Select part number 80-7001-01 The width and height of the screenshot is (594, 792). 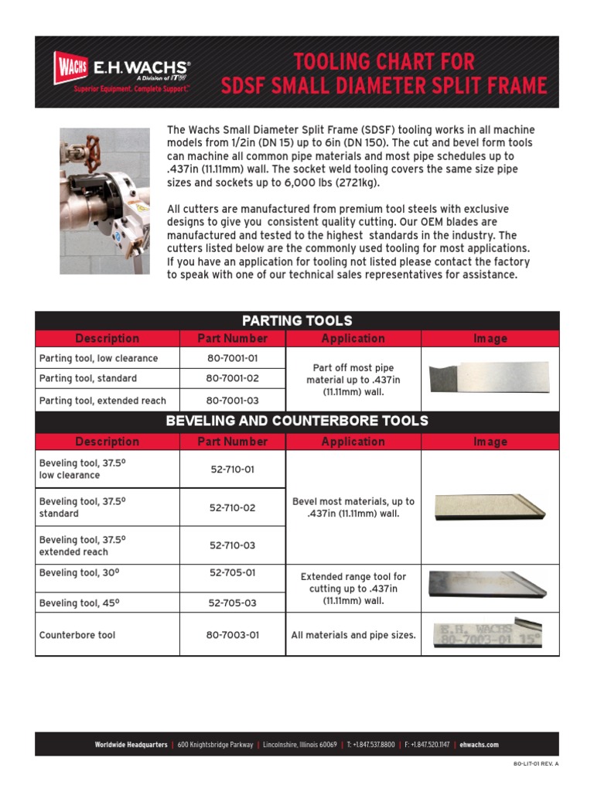pos(232,358)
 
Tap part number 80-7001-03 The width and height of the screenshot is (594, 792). pos(232,400)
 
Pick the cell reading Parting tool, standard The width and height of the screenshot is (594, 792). pos(88,378)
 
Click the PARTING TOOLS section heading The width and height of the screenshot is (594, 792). pos(297,320)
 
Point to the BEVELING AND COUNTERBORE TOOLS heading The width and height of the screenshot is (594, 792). pos(297,422)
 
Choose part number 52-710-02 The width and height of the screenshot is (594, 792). pos(232,508)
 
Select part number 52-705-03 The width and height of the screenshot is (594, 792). pos(232,603)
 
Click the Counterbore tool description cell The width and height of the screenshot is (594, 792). pos(77,635)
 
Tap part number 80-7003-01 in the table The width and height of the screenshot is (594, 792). pos(232,635)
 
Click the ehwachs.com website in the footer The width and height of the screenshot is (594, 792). pos(479,745)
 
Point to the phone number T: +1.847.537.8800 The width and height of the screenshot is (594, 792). pos(370,745)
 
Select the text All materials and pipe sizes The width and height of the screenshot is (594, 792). pos(353,635)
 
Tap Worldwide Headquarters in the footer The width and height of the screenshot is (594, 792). pos(131,745)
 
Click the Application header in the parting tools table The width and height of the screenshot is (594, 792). pos(353,338)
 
